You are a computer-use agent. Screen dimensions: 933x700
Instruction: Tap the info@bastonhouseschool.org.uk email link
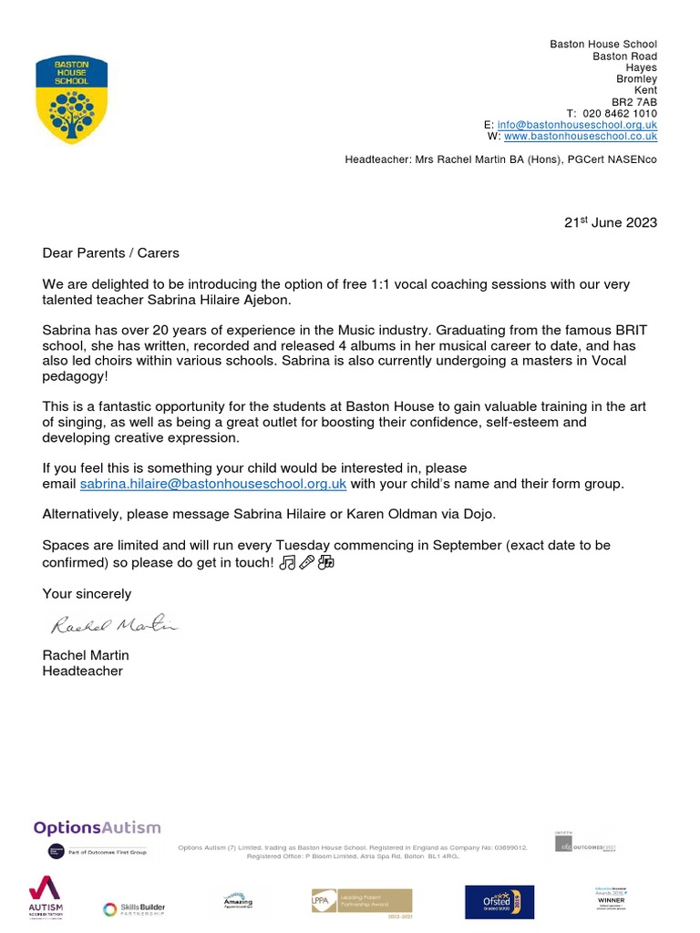[x=576, y=125]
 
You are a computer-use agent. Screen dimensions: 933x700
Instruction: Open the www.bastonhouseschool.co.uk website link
[x=580, y=137]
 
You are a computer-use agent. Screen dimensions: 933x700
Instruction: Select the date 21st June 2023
[x=610, y=223]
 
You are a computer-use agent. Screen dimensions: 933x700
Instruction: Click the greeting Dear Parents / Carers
[x=111, y=253]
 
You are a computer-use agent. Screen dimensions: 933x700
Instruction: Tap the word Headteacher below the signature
[x=82, y=672]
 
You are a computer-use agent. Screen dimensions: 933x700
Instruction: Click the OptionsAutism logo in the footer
[x=97, y=828]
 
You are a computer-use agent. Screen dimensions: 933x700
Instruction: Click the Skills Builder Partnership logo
[x=134, y=907]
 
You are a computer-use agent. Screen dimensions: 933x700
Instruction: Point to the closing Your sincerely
[x=87, y=594]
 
